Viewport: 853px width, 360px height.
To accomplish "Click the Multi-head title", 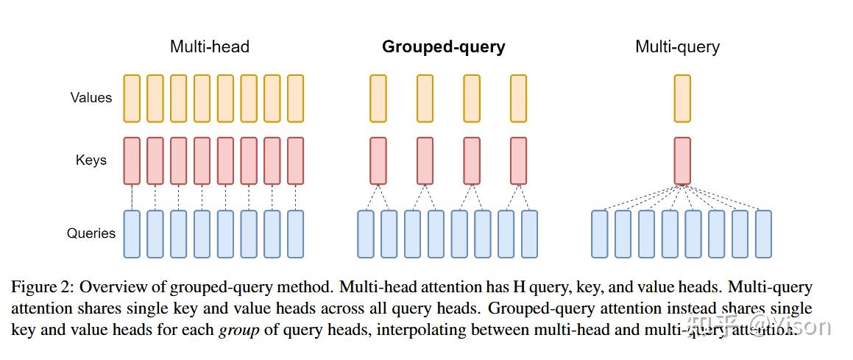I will tap(210, 47).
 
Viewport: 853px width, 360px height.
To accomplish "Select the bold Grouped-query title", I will tap(443, 47).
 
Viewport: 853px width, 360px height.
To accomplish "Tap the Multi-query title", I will tap(677, 47).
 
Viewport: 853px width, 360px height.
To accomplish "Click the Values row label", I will tap(91, 97).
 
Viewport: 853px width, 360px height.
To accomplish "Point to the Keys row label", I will tap(91, 160).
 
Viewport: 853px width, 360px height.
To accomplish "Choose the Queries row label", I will tap(91, 233).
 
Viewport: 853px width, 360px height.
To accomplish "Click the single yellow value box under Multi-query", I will tap(682, 98).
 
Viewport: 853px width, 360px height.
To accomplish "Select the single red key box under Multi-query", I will tap(682, 160).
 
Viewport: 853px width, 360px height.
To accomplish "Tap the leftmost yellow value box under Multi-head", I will tap(132, 98).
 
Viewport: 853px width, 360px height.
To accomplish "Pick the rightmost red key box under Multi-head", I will tap(295, 160).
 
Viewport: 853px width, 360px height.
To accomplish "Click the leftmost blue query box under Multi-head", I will tap(132, 234).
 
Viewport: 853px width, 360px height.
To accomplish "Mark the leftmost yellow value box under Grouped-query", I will tap(378, 98).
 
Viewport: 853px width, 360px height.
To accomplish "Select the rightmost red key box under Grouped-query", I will tap(518, 160).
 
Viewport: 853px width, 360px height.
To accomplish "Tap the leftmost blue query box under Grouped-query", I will tap(366, 234).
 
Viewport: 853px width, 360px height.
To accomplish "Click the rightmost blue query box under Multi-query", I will tap(763, 234).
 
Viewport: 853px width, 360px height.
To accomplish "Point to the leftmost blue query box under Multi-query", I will tap(600, 234).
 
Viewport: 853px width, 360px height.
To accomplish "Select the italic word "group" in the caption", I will tap(239, 329).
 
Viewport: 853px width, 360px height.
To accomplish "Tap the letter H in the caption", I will tap(527, 286).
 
